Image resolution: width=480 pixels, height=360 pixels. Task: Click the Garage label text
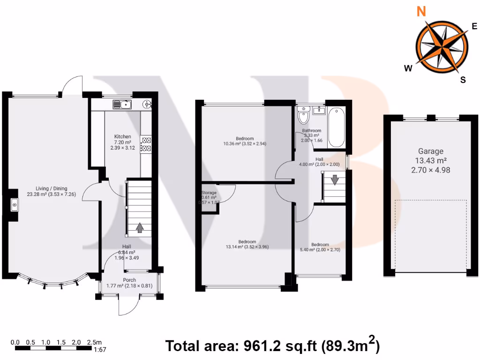[430, 151]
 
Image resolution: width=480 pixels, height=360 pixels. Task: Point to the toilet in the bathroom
[304, 115]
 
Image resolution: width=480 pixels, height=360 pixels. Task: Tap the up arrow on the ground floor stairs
[139, 228]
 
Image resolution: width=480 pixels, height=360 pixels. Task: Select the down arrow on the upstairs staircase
[335, 180]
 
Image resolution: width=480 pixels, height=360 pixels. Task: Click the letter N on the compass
[421, 11]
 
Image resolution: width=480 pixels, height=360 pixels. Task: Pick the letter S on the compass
[463, 80]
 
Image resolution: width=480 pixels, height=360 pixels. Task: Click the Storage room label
[209, 193]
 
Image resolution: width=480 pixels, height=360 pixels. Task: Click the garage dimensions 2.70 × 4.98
[430, 170]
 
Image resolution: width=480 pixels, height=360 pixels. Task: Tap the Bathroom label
[311, 131]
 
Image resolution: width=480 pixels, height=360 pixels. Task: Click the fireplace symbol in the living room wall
[15, 205]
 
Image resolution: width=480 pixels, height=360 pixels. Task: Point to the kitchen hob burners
[145, 144]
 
